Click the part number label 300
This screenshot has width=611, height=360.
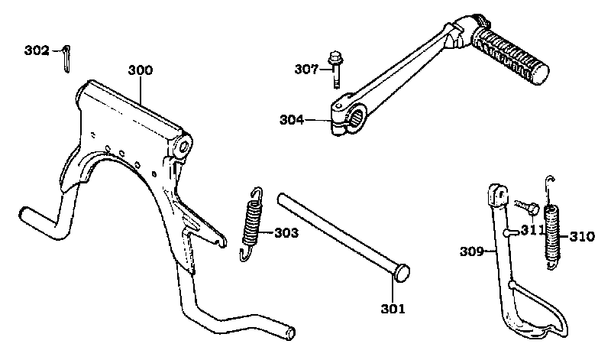point(141,70)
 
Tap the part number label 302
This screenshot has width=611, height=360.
point(37,50)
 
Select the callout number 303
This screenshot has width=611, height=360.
point(286,233)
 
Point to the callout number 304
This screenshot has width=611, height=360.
point(292,120)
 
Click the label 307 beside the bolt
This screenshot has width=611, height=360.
point(306,70)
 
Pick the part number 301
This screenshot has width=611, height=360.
point(393,309)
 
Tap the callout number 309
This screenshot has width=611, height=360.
point(472,252)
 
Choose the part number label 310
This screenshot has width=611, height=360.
point(582,237)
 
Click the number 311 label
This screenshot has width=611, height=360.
point(532,230)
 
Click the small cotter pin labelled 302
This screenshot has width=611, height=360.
point(66,59)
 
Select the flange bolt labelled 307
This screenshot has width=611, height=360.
point(335,70)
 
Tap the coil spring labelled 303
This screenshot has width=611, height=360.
point(251,224)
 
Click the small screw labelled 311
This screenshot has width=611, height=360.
point(526,207)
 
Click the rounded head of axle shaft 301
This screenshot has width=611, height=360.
point(402,272)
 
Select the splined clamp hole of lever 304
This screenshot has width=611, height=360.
point(357,117)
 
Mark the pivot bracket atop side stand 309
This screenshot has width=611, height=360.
point(498,195)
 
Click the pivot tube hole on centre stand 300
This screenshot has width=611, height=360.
point(184,147)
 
